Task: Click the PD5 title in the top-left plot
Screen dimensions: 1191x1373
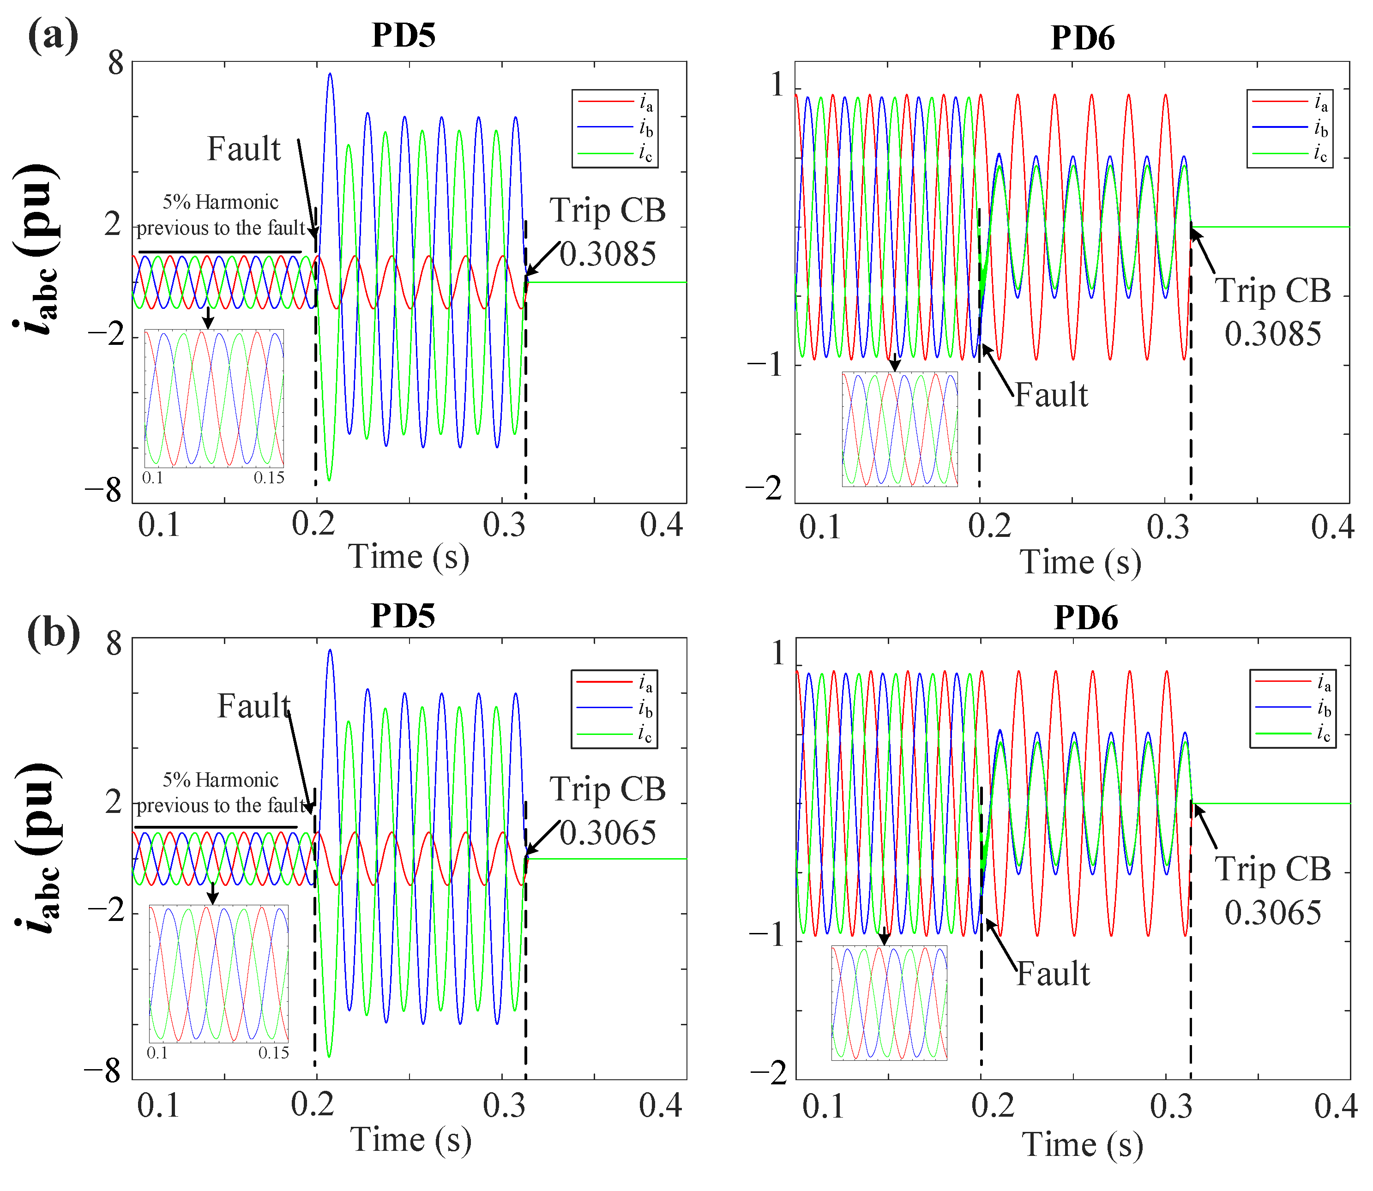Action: pyautogui.click(x=403, y=35)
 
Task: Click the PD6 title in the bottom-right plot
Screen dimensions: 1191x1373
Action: pyautogui.click(x=1086, y=618)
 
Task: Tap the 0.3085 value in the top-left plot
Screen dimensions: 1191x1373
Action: pyautogui.click(x=608, y=253)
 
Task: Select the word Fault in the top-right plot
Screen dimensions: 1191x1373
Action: pyautogui.click(x=1051, y=395)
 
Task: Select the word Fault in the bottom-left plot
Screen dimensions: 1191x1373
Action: pyautogui.click(x=254, y=706)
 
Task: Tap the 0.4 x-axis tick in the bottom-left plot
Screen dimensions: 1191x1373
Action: pyautogui.click(x=661, y=1105)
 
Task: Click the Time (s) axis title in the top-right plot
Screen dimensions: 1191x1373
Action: pyautogui.click(x=1081, y=562)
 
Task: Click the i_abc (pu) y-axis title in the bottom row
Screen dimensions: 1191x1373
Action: pyautogui.click(x=36, y=848)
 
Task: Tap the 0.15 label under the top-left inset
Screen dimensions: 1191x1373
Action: pyautogui.click(x=269, y=478)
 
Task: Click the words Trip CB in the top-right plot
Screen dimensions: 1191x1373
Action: pyautogui.click(x=1273, y=290)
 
